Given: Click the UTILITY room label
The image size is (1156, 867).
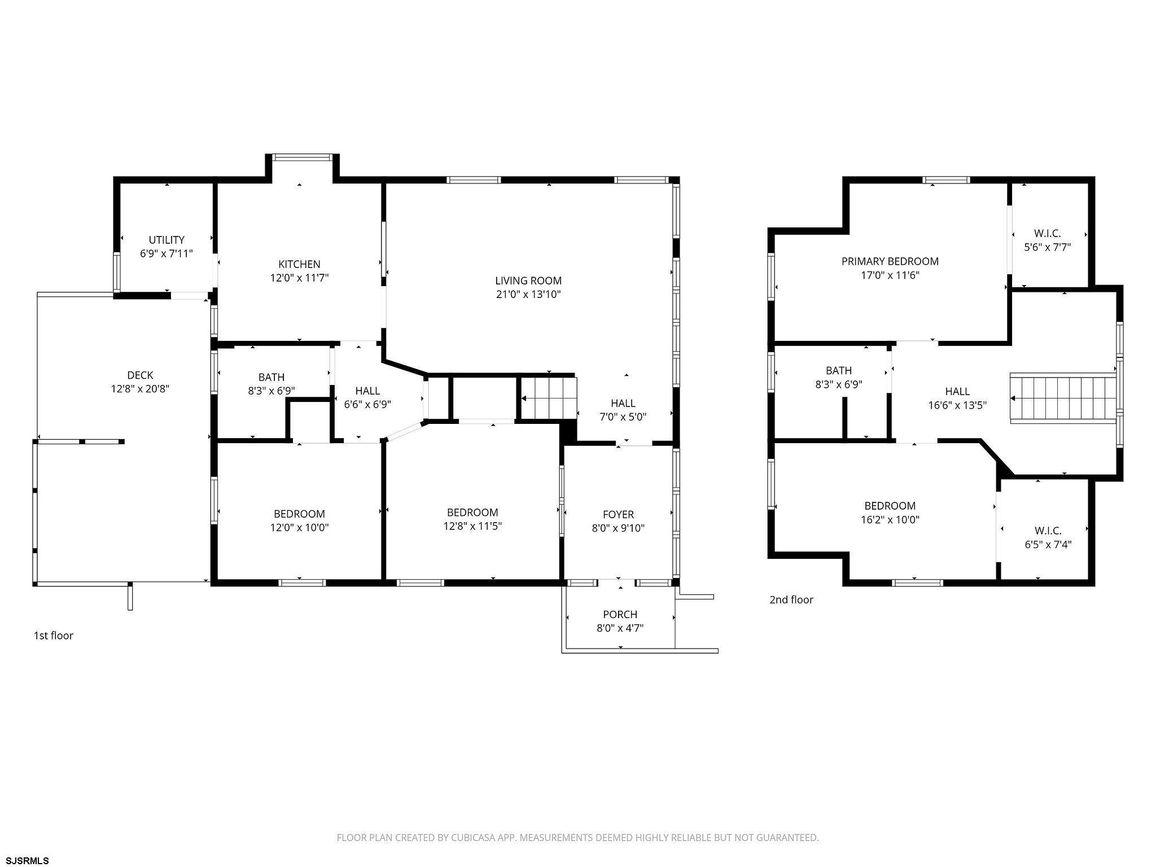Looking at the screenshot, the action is tap(167, 240).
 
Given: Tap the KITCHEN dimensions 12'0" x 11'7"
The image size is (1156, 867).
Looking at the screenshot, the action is tap(299, 278).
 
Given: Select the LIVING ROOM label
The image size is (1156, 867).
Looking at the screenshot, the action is tap(528, 281).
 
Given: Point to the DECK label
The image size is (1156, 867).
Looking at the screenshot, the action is tap(140, 375).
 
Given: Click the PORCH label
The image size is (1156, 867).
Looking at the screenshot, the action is tap(620, 615).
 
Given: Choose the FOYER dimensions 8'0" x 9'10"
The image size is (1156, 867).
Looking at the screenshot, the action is tap(618, 528).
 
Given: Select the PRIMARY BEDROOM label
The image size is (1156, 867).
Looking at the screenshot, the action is tap(890, 261).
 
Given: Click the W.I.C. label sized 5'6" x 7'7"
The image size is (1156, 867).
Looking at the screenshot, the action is tap(1048, 233).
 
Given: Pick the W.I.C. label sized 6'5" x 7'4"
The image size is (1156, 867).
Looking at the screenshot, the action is tap(1048, 531).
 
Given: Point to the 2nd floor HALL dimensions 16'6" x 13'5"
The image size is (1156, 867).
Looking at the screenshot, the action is tap(957, 405).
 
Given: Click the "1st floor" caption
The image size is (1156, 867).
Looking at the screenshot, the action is tap(54, 636).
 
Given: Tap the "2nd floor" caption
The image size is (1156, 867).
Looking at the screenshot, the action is tap(791, 600).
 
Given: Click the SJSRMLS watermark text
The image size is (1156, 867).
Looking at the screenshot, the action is tap(25, 861).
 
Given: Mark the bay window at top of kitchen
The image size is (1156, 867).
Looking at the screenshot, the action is tap(302, 157).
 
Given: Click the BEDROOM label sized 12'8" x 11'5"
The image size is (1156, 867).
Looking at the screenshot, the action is tap(472, 513).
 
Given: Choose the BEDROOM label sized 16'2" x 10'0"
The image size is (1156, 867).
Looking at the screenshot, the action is tap(890, 506).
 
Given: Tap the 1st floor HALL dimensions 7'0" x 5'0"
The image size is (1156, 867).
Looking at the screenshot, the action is tap(623, 417).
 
